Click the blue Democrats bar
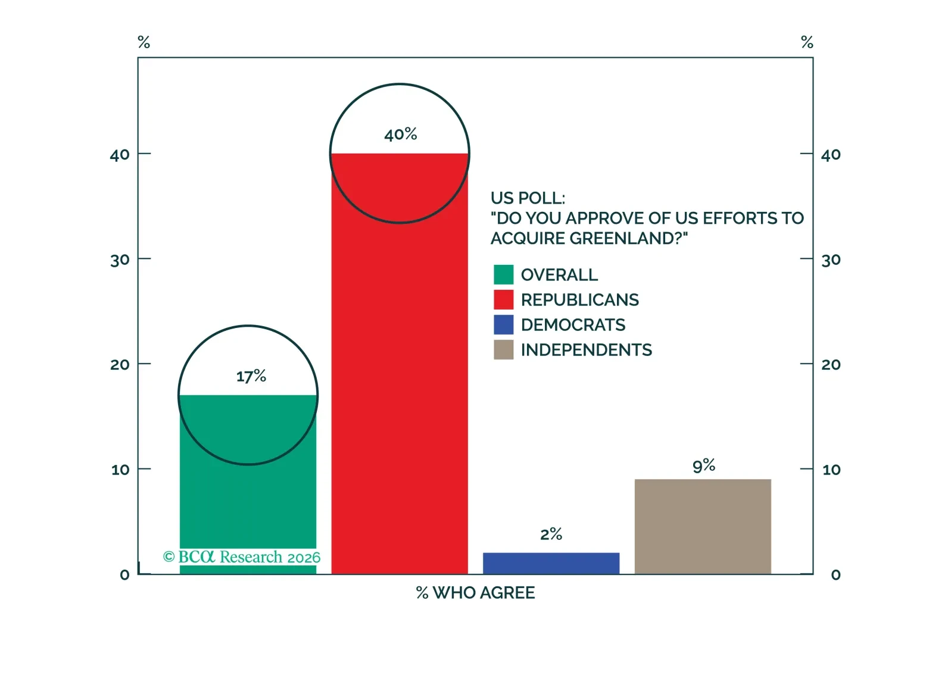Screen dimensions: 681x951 551,563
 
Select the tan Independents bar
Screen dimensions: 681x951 703,526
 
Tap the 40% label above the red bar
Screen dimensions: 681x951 400,135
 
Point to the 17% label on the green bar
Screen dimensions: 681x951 251,376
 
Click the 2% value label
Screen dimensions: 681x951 551,534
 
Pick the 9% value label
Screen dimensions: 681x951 703,466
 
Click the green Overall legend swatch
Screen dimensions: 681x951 503,274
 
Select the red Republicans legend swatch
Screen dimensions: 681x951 503,299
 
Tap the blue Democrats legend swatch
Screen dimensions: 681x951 503,324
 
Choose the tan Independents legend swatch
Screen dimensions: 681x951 503,349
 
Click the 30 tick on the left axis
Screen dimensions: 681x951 120,260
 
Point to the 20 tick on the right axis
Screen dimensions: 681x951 831,364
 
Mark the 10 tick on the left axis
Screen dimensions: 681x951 120,470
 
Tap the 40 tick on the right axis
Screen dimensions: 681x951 831,155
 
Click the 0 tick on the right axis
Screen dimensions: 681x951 835,575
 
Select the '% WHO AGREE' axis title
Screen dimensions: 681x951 475,593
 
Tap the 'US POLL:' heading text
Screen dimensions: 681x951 528,198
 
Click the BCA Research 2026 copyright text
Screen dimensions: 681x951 242,557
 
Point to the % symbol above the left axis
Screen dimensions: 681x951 144,42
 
